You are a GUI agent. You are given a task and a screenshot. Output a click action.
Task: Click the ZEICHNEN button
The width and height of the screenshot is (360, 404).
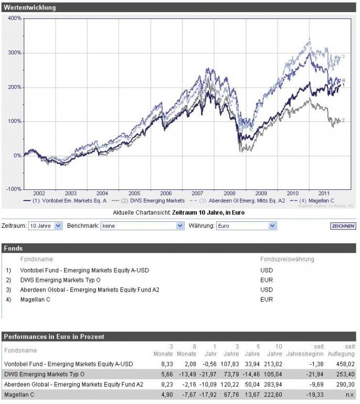click(343, 226)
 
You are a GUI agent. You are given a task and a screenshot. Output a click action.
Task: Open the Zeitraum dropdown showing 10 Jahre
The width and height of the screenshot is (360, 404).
click(46, 226)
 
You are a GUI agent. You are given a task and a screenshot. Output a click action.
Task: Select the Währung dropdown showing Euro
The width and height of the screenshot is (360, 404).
click(246, 226)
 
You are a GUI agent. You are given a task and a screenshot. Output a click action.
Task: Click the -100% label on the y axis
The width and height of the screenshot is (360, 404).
click(14, 189)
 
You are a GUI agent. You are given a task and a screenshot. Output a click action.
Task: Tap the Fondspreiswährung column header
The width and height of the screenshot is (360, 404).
click(288, 259)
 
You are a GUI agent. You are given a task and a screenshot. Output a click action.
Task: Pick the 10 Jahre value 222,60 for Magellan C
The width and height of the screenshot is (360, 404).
click(274, 394)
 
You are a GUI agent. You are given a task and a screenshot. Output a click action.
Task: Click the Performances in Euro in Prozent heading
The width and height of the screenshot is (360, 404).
click(54, 336)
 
